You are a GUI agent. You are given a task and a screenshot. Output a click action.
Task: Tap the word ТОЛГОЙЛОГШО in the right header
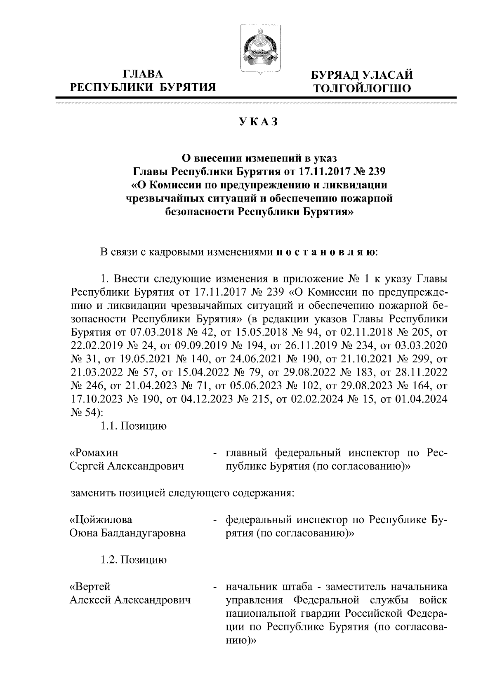tap(362, 88)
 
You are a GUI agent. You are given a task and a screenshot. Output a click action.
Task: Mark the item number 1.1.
tap(109, 426)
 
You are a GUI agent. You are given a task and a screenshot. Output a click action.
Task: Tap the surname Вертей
tap(90, 586)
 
